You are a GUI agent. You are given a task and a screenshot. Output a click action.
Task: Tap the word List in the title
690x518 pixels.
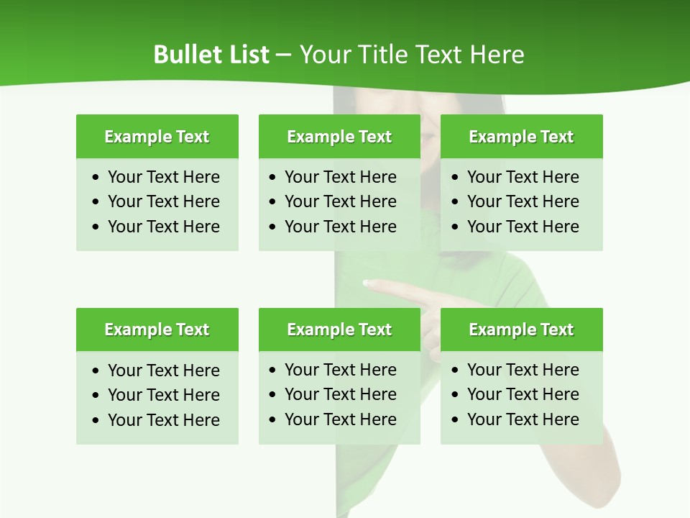246,55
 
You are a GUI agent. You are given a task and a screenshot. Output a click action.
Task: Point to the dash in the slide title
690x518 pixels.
284,55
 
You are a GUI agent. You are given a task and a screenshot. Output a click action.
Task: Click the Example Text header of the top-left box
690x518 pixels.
157,137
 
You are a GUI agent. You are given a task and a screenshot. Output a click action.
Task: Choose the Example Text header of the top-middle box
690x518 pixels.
339,137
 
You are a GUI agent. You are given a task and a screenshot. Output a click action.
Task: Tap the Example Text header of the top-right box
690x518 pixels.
521,137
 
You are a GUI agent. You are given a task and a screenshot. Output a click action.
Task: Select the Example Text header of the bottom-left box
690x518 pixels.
157,330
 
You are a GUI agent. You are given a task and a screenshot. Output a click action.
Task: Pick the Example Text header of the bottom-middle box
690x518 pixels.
339,330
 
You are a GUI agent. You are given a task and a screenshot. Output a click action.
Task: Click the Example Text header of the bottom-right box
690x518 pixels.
521,330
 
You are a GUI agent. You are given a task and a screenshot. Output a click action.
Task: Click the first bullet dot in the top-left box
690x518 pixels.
96,178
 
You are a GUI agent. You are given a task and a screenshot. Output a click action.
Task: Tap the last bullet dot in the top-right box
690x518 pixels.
456,227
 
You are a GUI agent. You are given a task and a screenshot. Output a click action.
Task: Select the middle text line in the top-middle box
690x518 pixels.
340,201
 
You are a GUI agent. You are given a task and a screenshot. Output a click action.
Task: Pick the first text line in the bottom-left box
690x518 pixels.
163,371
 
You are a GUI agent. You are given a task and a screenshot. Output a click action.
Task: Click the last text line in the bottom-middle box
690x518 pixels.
340,419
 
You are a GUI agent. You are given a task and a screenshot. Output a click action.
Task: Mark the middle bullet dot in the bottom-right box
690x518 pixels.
456,395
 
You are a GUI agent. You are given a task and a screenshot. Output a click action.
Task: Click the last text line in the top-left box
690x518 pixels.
163,227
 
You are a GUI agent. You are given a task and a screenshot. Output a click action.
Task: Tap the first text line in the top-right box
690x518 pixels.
523,177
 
